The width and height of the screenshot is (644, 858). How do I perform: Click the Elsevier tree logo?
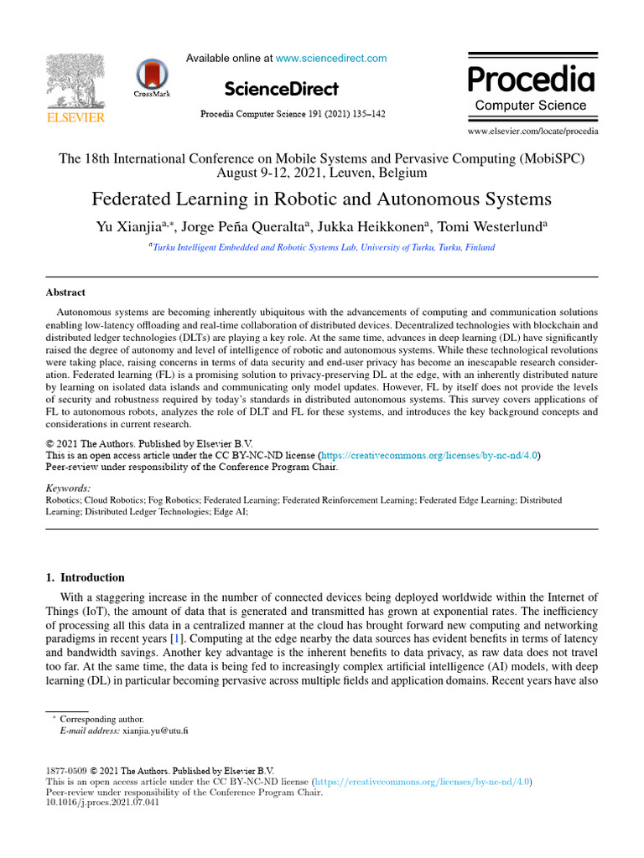[x=75, y=88]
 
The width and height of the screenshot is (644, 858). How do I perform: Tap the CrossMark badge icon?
[x=152, y=77]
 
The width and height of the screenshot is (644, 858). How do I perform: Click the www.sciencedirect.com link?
[x=331, y=59]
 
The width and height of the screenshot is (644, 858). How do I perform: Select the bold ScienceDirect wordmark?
[x=282, y=89]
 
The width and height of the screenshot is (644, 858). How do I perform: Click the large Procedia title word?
[x=531, y=80]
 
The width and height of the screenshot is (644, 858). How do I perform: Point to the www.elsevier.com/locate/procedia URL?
[x=532, y=131]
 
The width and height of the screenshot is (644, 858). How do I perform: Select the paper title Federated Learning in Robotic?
[x=321, y=199]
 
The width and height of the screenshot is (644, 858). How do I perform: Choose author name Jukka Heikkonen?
[x=387, y=225]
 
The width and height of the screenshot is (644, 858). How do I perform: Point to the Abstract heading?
[x=65, y=292]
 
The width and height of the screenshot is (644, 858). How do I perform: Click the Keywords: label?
[x=68, y=488]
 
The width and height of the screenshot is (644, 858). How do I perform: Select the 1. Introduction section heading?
[x=85, y=577]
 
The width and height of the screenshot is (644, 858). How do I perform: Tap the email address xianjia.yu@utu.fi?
[x=156, y=731]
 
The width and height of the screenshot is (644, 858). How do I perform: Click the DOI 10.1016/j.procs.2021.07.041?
[x=101, y=802]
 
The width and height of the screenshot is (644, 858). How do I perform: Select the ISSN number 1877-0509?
[x=65, y=771]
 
